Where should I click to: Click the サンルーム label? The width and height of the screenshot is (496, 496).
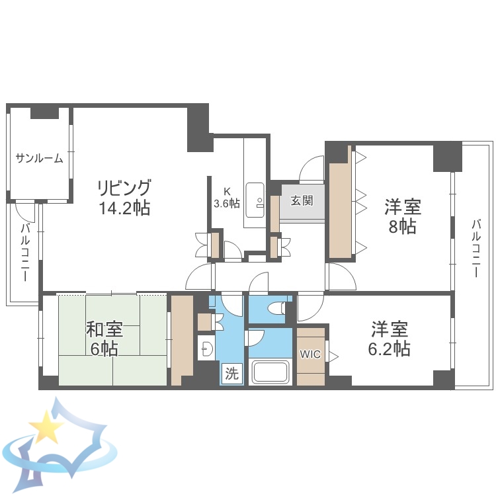pyautogui.click(x=40, y=158)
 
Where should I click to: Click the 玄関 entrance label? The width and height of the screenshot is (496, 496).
pyautogui.click(x=302, y=200)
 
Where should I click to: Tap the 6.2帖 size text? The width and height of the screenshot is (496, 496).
pyautogui.click(x=390, y=349)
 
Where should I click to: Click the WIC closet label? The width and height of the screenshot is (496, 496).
pyautogui.click(x=310, y=354)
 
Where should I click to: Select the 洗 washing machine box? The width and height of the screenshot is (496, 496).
pyautogui.click(x=231, y=373)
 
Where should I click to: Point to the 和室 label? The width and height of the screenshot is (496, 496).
pyautogui.click(x=104, y=329)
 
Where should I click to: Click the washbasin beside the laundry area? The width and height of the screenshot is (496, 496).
pyautogui.click(x=206, y=347)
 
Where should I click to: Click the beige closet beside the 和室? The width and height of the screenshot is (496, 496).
pyautogui.click(x=181, y=339)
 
